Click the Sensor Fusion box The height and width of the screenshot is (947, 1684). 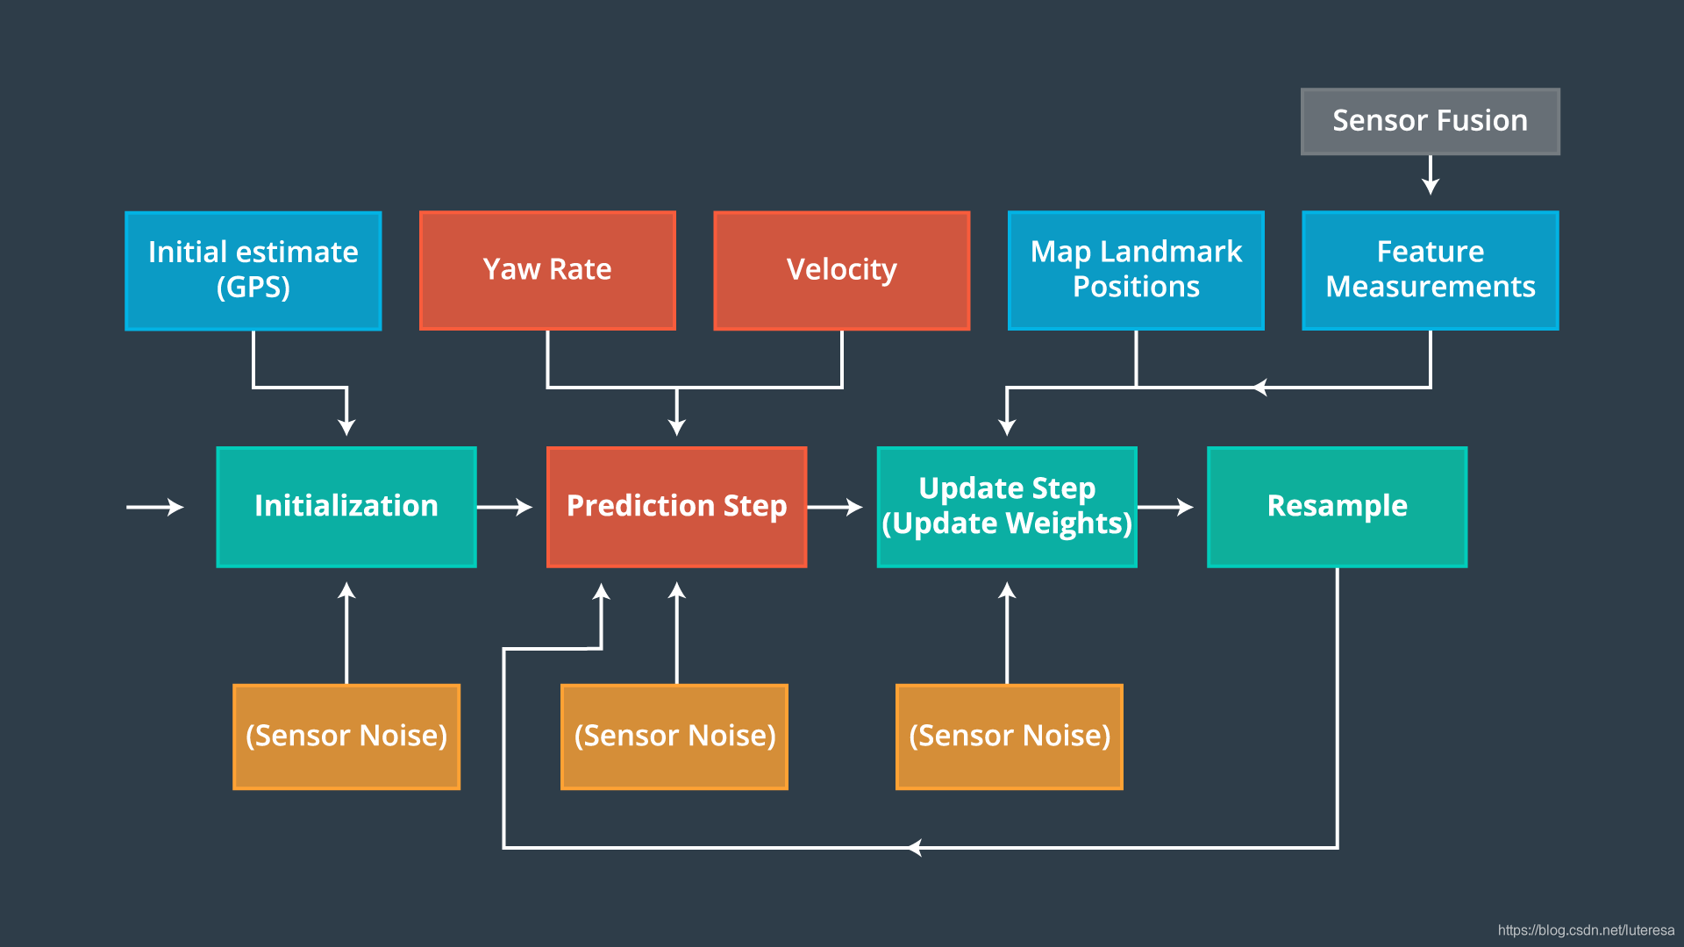(x=1430, y=121)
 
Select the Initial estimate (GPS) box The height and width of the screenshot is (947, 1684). (x=253, y=270)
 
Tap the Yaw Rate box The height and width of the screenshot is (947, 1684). (x=547, y=270)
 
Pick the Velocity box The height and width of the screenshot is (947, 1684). (x=842, y=270)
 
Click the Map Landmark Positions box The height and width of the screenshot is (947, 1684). (x=1136, y=270)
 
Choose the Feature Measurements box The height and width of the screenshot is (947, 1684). (x=1431, y=270)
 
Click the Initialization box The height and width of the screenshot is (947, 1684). (x=346, y=507)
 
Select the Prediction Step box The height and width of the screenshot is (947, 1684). (x=676, y=507)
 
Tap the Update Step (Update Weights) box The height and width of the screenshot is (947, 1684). (x=1007, y=507)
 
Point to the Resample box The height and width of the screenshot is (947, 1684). (x=1337, y=507)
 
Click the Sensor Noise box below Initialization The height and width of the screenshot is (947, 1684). (x=346, y=737)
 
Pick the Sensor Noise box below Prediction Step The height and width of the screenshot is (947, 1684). (x=674, y=737)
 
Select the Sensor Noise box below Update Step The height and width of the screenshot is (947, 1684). (x=1010, y=737)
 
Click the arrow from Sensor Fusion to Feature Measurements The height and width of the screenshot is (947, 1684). (x=1431, y=175)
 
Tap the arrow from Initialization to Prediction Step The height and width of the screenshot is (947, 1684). (x=505, y=507)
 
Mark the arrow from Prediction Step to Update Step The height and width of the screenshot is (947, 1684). (x=835, y=507)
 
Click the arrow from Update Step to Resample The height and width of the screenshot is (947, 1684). (x=1166, y=507)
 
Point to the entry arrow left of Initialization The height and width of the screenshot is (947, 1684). (x=155, y=507)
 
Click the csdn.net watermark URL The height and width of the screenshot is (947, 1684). (x=1586, y=930)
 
